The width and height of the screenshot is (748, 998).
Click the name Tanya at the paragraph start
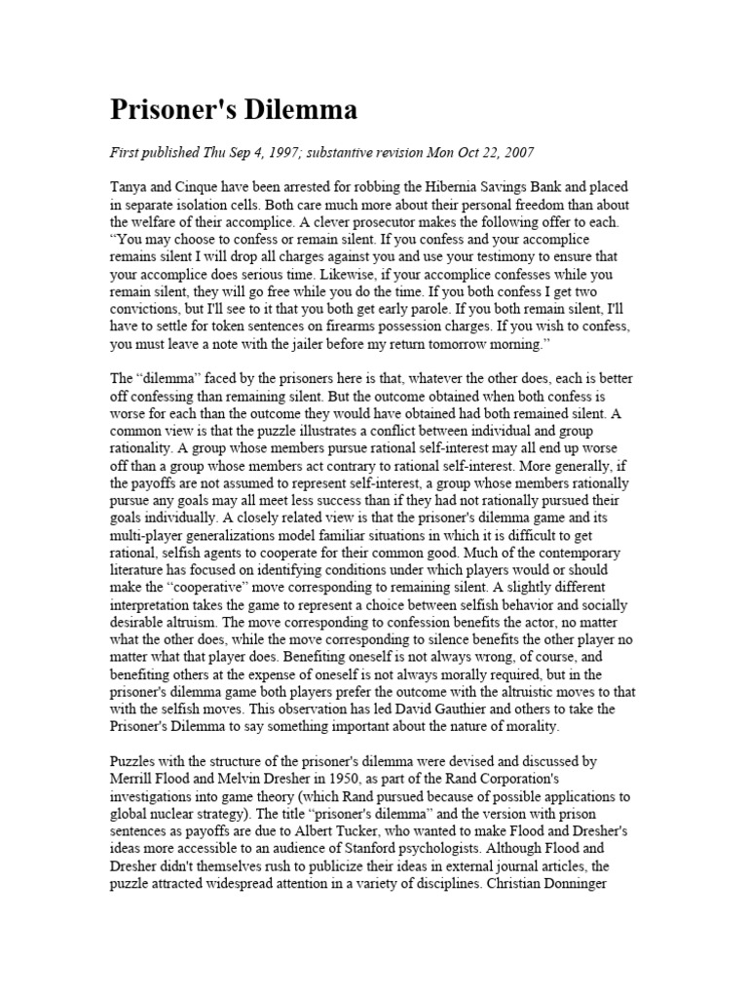coord(130,188)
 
